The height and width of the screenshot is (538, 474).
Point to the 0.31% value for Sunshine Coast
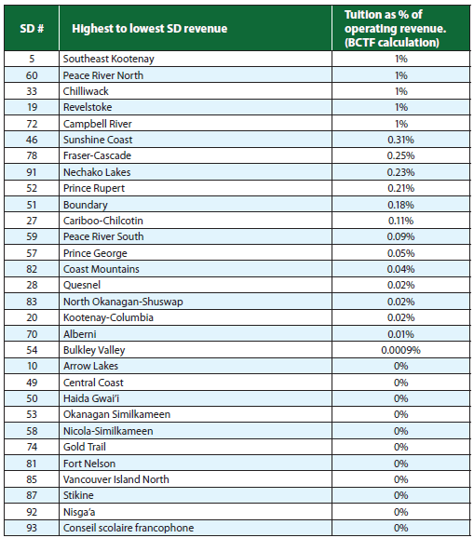point(400,139)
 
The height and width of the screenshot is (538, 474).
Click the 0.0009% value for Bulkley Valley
point(400,350)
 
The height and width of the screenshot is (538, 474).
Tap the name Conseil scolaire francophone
point(129,528)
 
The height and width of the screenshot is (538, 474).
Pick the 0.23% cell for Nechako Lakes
point(400,171)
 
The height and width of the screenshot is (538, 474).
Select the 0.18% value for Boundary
point(400,204)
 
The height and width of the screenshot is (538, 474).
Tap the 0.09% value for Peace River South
point(400,236)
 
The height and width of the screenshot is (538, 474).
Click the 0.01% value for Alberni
point(400,333)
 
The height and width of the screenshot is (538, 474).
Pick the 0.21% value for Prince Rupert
point(400,188)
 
